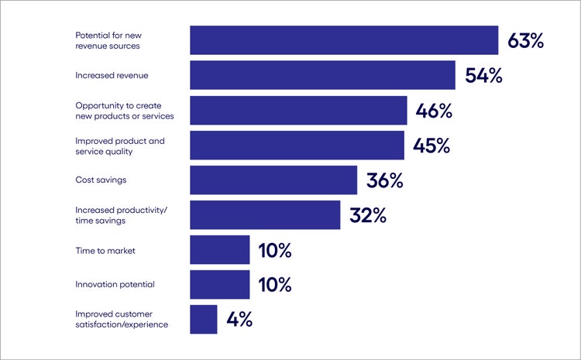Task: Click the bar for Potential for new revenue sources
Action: [x=344, y=40]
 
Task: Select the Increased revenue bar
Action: [x=322, y=75]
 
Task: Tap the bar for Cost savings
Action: [x=273, y=180]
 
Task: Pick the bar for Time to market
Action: [x=220, y=250]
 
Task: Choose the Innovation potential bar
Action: [x=220, y=284]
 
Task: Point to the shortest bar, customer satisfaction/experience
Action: [x=204, y=319]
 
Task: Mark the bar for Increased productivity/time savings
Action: [x=265, y=214]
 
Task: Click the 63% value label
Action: [x=525, y=41]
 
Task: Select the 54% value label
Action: [x=483, y=76]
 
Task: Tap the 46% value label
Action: [x=434, y=111]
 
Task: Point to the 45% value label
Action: [x=431, y=146]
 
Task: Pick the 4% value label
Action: [x=239, y=320]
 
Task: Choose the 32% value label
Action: [x=367, y=215]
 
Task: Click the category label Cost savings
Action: [x=101, y=180]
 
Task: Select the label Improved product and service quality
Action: [x=120, y=146]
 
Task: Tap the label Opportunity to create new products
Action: [x=124, y=111]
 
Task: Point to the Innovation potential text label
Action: [x=115, y=284]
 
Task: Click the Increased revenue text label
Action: [x=112, y=76]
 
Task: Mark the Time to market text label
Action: [x=104, y=250]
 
